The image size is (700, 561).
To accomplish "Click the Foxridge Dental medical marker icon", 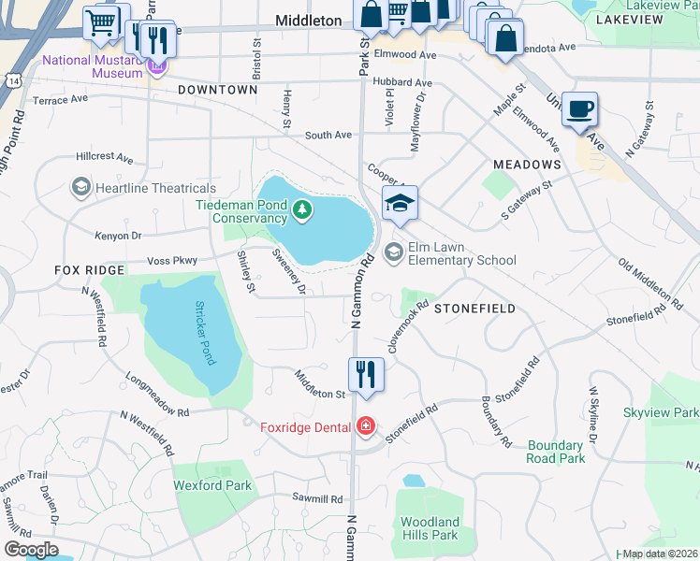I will (365, 427).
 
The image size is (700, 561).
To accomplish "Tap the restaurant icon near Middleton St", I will (367, 375).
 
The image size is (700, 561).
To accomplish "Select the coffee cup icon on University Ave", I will (579, 109).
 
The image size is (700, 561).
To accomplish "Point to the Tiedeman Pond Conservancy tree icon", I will (301, 209).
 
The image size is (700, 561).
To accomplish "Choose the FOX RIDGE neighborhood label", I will (89, 270).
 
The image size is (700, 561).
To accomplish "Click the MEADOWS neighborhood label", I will (527, 165).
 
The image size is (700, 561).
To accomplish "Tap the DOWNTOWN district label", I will (218, 90).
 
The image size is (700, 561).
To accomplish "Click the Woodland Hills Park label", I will (430, 528).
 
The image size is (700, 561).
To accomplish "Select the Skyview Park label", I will (661, 412).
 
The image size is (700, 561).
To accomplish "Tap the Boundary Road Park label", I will (556, 453).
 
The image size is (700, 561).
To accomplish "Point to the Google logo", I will (31, 550).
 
